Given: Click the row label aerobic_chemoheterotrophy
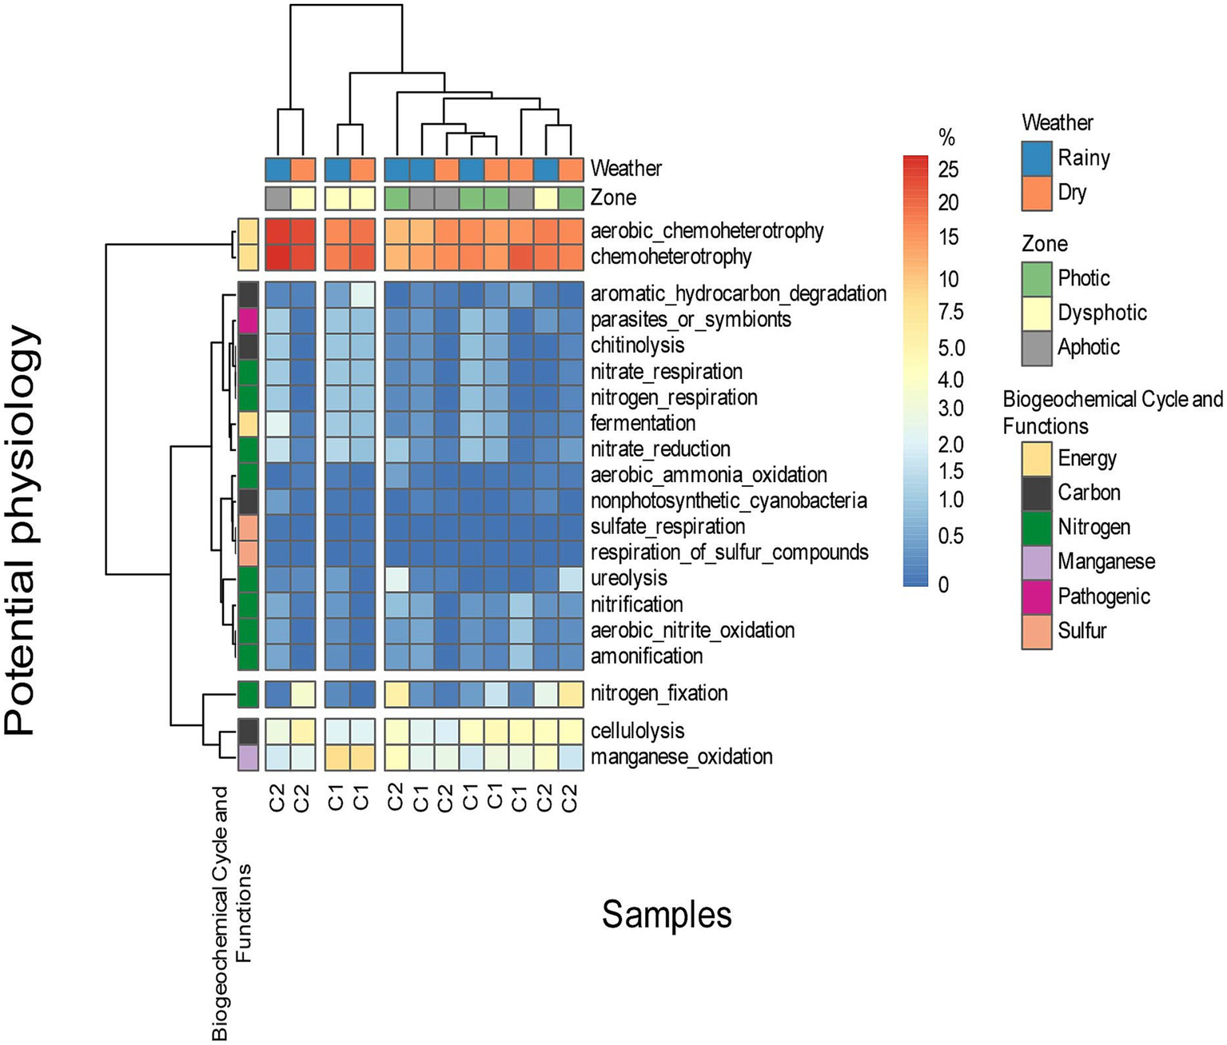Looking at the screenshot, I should (707, 231).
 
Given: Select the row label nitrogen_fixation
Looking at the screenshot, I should (659, 693).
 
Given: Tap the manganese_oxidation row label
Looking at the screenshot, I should (681, 756).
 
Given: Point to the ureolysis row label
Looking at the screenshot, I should (628, 578).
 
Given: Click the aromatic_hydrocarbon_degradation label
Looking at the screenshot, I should (738, 294).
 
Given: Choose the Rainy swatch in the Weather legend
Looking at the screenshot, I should (1037, 158).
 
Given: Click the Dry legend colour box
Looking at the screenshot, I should (1037, 193).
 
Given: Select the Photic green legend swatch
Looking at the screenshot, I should (1037, 278).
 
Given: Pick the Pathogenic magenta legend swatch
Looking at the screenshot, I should (1037, 596).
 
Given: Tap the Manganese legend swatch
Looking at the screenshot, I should (1037, 562).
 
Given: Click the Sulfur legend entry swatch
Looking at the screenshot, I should (1037, 631).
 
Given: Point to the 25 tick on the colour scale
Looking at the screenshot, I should (948, 170).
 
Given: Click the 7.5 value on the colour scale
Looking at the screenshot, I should (950, 312).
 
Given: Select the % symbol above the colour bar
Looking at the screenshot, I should (947, 138).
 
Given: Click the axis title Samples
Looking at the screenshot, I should (666, 915).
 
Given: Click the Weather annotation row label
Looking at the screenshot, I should (626, 169).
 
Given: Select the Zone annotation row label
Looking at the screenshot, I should (613, 197).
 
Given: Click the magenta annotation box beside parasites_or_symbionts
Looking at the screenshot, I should (248, 320).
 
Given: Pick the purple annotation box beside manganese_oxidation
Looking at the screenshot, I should (248, 756).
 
